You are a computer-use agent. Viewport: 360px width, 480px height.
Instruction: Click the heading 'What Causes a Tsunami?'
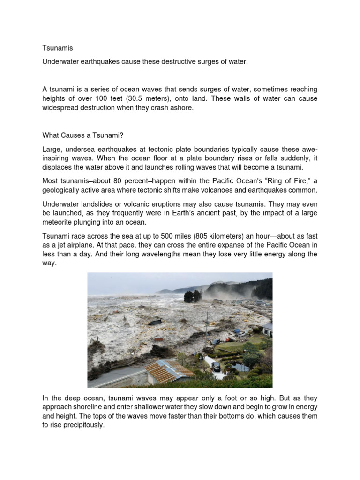coord(82,136)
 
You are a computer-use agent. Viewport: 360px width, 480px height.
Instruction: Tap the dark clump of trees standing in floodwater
coord(193,296)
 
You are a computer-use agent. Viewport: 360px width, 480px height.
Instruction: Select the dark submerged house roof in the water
coord(155,322)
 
